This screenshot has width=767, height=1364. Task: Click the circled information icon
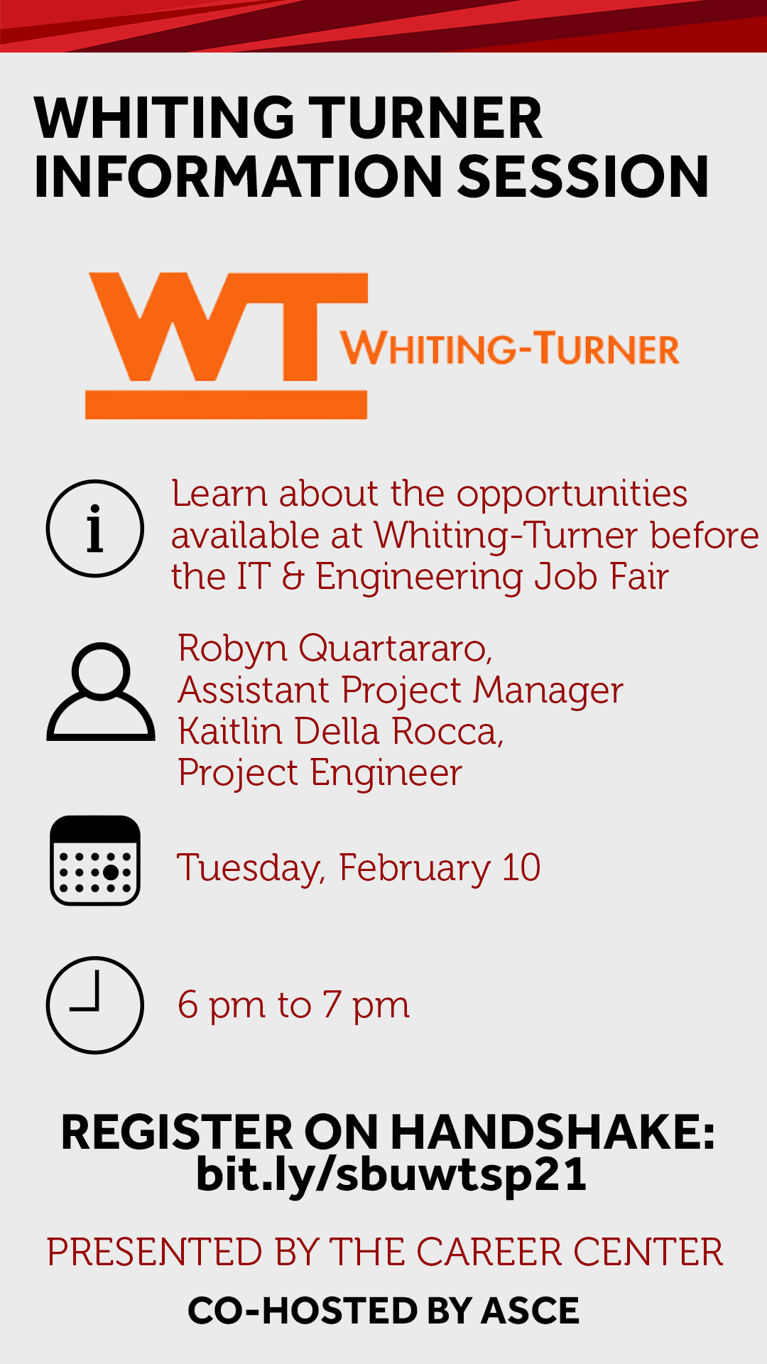94,529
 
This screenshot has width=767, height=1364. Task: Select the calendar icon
95,860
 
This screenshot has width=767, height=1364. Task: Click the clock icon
95,1005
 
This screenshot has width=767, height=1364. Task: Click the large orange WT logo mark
227,345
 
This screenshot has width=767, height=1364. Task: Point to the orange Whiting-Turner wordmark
510,348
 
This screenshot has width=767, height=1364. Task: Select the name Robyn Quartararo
334,649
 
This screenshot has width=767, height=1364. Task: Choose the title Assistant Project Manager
401,691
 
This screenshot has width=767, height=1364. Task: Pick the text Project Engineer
320,773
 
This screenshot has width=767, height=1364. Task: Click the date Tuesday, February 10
359,868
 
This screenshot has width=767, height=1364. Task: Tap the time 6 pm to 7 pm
294,1005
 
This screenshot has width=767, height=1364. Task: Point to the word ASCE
530,1311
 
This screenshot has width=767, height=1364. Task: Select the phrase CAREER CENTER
570,1252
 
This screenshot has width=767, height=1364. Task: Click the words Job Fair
602,576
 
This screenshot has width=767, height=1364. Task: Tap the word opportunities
572,494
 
